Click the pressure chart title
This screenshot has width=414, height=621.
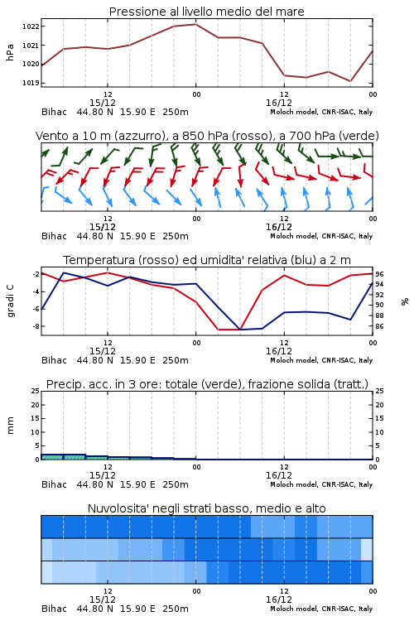[206, 12]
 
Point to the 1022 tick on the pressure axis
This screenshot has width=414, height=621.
[31, 26]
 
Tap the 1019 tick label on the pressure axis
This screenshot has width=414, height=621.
[31, 83]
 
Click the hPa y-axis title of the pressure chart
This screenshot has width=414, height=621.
[10, 52]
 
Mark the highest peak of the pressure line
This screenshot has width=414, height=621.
[195, 24]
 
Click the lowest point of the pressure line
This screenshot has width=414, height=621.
[350, 81]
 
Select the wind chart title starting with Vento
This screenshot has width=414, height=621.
[207, 136]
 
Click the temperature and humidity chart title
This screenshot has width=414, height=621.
[207, 260]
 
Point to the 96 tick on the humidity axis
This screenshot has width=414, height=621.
[379, 274]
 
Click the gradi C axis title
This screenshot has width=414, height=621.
[10, 301]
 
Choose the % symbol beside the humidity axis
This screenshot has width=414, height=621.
[405, 301]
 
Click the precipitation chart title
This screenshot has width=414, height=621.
[207, 384]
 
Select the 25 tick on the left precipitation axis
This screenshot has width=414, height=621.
[36, 391]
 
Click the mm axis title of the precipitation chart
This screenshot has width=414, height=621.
[10, 426]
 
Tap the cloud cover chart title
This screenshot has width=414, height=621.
[206, 508]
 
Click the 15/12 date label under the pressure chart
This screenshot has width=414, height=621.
[103, 103]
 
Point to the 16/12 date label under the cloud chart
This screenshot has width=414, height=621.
[279, 599]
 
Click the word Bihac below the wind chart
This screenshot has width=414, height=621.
[55, 236]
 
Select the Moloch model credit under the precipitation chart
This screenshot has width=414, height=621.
[321, 484]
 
